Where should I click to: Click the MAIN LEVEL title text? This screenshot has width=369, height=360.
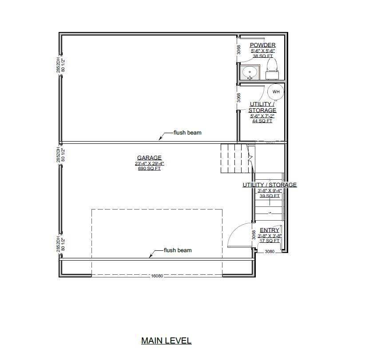[x=166, y=341]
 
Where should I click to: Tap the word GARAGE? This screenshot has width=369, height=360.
[x=149, y=158]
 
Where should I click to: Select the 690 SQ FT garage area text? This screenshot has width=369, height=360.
[x=149, y=169]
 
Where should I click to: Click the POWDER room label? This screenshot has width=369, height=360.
[x=262, y=45]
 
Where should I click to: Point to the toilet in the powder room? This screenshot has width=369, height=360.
[x=272, y=66]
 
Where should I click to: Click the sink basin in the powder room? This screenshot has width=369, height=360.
[x=250, y=71]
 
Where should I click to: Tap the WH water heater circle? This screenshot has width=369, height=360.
[x=276, y=92]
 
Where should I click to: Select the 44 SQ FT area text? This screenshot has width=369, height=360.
[x=262, y=121]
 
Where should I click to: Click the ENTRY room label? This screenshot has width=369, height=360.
[x=270, y=230]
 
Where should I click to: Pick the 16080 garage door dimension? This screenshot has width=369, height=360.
[x=157, y=276]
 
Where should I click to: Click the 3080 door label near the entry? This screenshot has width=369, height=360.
[x=270, y=252]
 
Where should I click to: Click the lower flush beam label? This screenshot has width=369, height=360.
[x=178, y=250]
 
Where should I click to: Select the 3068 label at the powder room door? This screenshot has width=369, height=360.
[x=239, y=50]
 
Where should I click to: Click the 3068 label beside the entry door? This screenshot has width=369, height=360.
[x=254, y=235]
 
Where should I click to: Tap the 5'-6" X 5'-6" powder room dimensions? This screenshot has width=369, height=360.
[x=262, y=51]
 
